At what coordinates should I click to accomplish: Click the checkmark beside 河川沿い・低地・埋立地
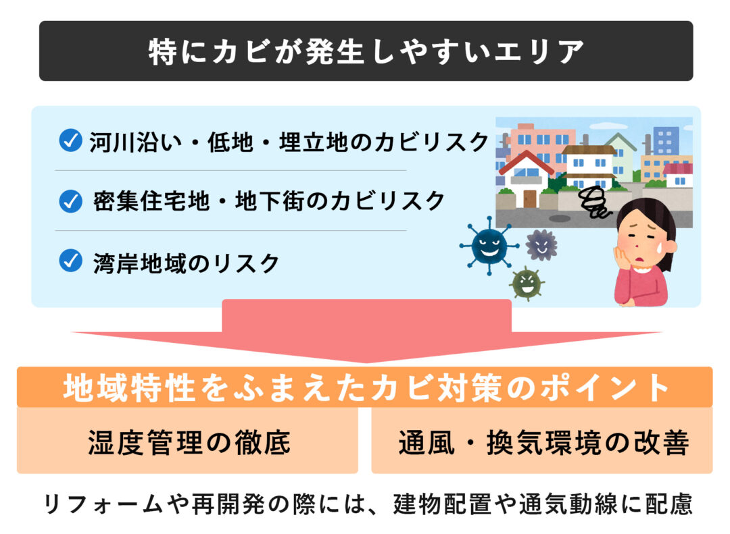click(x=71, y=140)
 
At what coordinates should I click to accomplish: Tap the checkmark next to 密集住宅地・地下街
click(x=71, y=201)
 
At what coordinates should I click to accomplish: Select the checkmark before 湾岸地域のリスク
click(x=71, y=261)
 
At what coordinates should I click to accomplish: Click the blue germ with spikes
click(x=489, y=245)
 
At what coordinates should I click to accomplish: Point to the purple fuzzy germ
click(x=541, y=244)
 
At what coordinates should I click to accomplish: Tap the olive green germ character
click(x=527, y=283)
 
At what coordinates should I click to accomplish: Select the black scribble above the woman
click(x=593, y=202)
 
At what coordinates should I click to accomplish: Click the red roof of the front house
click(x=526, y=161)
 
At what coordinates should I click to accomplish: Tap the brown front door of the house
click(x=530, y=198)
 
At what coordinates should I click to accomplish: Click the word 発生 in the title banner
click(x=334, y=51)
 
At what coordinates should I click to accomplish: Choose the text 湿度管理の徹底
click(x=189, y=442)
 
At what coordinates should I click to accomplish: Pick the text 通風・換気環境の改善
click(x=543, y=442)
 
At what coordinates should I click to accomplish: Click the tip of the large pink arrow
click(x=366, y=363)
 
